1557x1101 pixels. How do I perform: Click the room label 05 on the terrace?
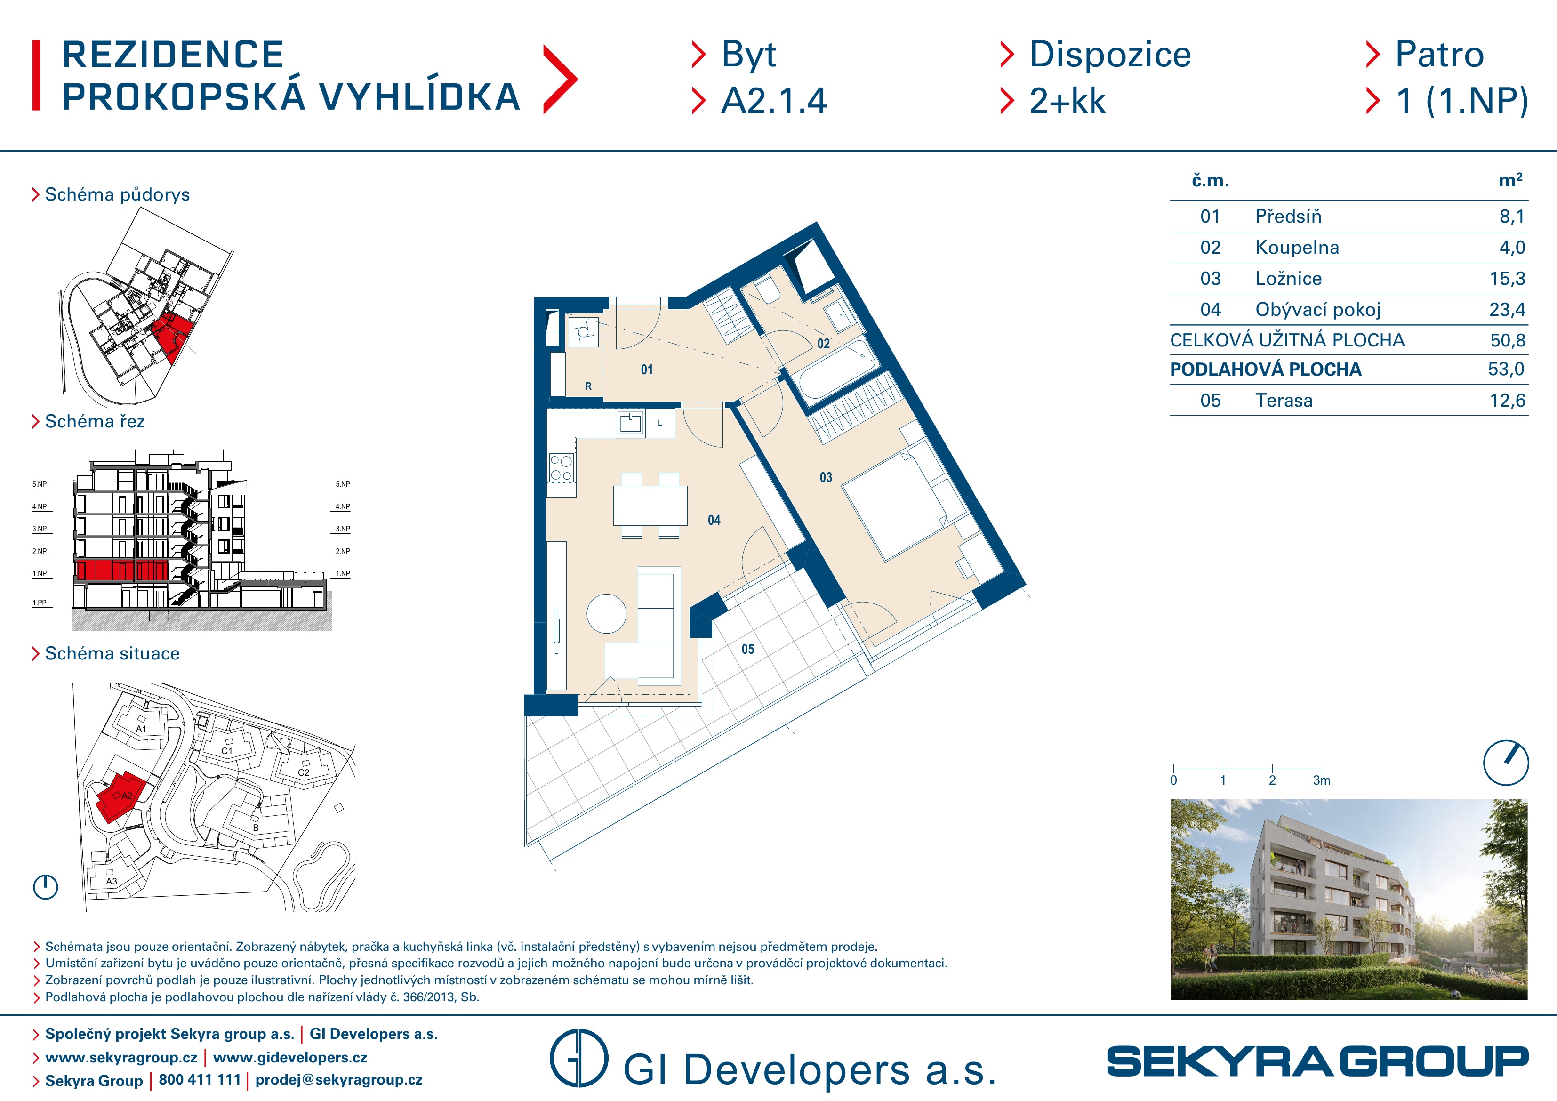747,649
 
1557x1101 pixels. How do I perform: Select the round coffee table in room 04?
606,614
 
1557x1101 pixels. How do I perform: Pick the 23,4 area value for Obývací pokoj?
1507,309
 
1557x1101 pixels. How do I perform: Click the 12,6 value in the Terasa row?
1507,400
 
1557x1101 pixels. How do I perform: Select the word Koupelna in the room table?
1297,247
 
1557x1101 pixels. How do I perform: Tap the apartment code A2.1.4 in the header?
774,101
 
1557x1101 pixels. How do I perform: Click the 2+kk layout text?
1067,101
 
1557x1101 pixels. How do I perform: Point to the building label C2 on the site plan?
304,772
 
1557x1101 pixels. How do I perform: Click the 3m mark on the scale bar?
1322,780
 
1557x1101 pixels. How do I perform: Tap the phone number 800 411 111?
200,1079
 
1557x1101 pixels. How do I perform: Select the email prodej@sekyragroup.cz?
338,1079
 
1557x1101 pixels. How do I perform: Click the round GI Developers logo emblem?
578,1058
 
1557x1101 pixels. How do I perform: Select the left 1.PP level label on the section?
40,603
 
